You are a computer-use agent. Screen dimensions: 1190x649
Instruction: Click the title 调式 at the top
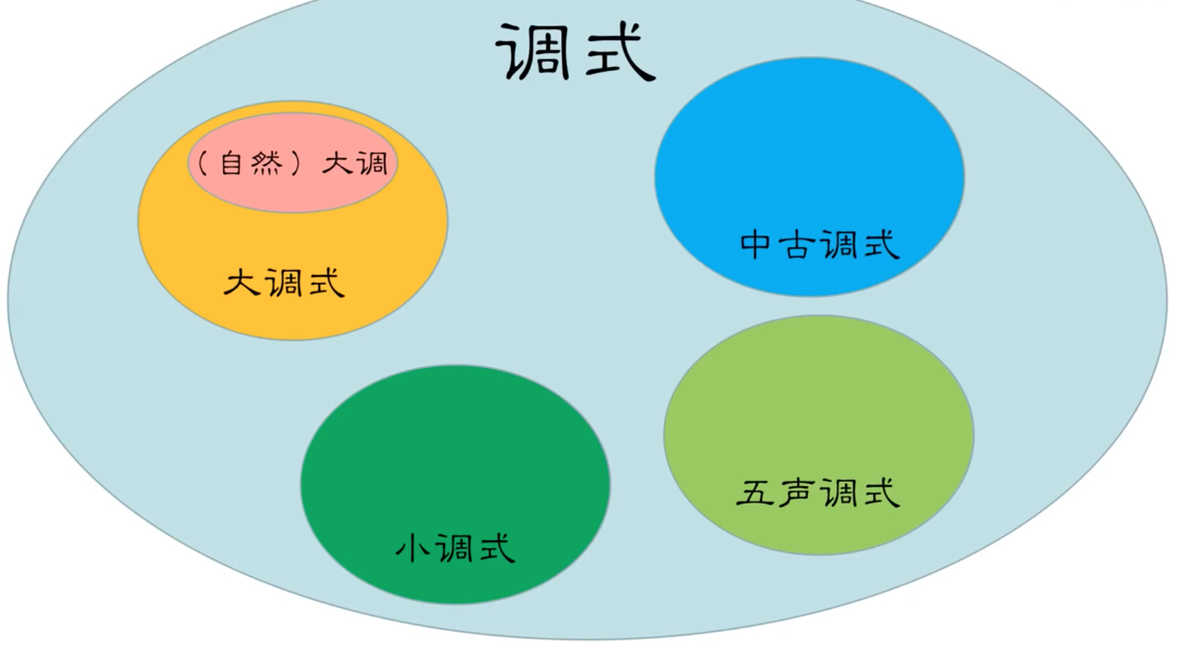575,52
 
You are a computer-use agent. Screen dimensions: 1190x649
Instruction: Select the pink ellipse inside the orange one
292,191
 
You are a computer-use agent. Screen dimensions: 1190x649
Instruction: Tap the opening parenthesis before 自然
203,164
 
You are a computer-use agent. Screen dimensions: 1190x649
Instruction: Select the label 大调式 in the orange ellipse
284,282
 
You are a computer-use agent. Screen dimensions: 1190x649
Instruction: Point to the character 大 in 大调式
242,282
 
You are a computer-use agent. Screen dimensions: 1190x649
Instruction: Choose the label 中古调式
819,244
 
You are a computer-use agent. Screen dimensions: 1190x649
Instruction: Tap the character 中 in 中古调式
755,244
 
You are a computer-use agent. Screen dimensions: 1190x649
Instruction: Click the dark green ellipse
455,450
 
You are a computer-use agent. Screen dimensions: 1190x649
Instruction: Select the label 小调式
455,548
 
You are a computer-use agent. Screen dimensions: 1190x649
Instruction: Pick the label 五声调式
818,492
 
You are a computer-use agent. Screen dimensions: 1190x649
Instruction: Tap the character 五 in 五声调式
755,492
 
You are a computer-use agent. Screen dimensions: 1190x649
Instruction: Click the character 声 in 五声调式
796,492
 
